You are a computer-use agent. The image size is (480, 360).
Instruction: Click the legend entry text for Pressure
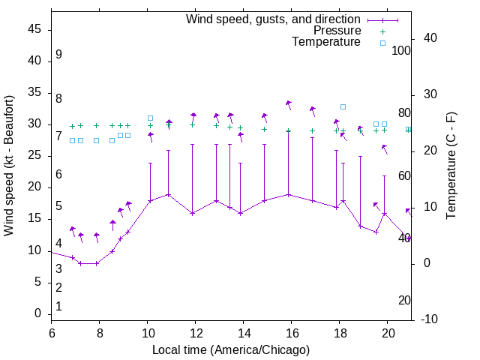click(337, 31)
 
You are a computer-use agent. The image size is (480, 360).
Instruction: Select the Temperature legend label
click(326, 42)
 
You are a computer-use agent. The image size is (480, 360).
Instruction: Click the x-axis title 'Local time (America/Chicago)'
click(231, 349)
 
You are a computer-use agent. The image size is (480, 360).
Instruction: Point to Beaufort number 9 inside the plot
click(58, 55)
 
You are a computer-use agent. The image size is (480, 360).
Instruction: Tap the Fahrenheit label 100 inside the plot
click(401, 50)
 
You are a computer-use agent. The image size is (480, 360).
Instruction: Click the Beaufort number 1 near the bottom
click(58, 306)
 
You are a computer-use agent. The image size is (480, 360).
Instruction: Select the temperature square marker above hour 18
click(343, 107)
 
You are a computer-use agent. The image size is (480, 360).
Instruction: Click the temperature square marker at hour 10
click(150, 118)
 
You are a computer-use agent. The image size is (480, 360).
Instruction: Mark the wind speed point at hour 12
click(192, 213)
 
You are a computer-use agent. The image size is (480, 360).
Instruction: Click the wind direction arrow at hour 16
click(289, 104)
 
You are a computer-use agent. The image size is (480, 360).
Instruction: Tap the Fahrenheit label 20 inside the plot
click(404, 300)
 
